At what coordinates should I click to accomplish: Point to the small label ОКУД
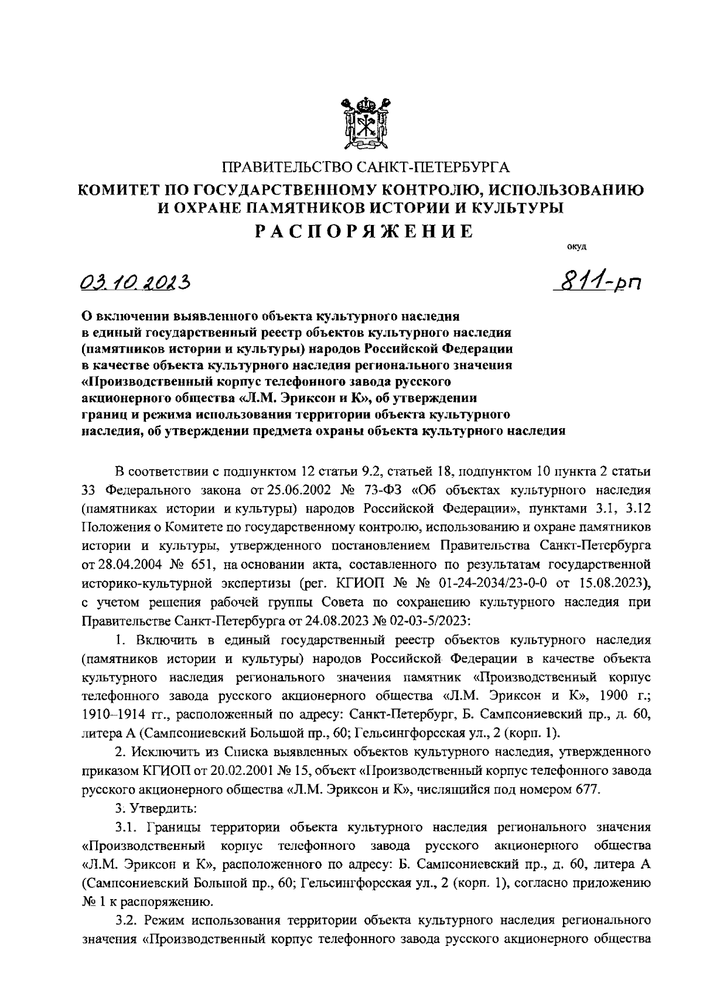coord(576,246)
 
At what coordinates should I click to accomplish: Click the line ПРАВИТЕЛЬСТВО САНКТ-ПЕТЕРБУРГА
coord(366,168)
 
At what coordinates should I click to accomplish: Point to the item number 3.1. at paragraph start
coord(126,826)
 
